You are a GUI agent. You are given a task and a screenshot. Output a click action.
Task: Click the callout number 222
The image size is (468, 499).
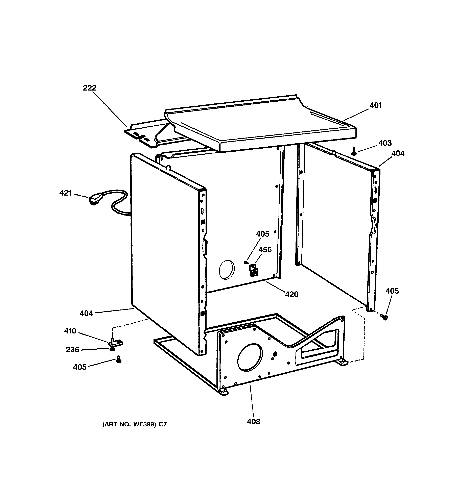coord(90,88)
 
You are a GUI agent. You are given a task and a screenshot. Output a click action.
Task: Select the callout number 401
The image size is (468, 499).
coord(376,105)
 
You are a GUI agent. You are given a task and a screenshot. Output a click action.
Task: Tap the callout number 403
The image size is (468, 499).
coord(385,143)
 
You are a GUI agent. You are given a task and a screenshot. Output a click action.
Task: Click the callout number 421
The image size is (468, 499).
coord(65,193)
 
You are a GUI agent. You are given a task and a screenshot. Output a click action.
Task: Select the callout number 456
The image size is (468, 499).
coord(265,250)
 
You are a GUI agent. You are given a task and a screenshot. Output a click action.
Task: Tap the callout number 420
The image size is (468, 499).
coord(291,294)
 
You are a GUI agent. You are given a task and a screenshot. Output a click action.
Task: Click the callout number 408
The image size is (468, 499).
coord(254,422)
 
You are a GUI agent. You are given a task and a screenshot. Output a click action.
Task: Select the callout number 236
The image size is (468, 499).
coord(72,350)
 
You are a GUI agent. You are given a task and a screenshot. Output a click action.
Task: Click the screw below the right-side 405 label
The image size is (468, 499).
coord(384,317)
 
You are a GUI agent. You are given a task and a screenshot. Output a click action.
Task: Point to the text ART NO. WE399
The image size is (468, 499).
coord(134,424)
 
